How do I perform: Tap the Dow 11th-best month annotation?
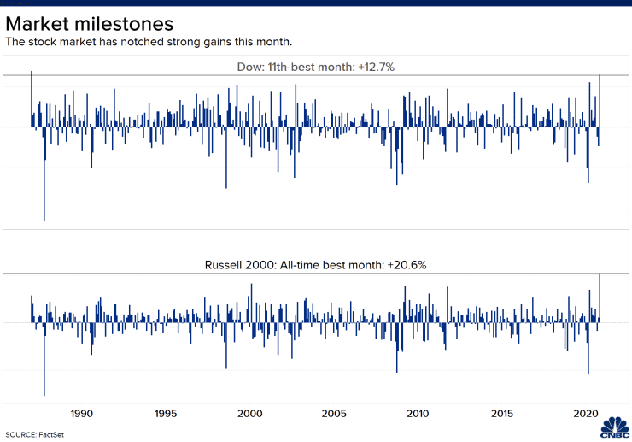pos(315,67)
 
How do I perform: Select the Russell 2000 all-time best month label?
pos(315,265)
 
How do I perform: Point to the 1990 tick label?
pos(82,414)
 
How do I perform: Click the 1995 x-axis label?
pos(167,414)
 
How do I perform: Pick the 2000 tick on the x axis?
pos(250,414)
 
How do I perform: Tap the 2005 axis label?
pos(335,414)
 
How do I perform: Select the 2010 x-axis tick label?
pos(418,414)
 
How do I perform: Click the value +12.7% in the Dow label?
pos(377,67)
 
